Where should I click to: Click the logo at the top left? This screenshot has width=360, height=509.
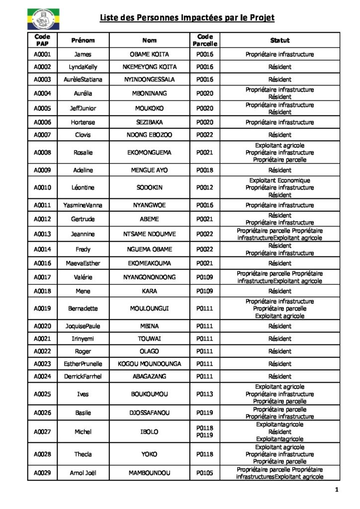click(x=42, y=19)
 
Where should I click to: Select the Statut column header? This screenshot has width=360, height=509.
click(x=279, y=40)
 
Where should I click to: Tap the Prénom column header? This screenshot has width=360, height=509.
click(x=83, y=40)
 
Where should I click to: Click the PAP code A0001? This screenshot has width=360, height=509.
click(x=42, y=54)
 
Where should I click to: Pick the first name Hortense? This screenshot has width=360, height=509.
click(x=83, y=122)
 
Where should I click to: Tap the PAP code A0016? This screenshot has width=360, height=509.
click(x=42, y=263)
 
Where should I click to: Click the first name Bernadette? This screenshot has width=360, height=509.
click(x=83, y=309)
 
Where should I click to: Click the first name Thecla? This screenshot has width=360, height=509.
click(x=83, y=454)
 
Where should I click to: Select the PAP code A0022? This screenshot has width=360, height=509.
click(x=42, y=351)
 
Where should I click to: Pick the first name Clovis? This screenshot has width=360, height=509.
click(x=83, y=135)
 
